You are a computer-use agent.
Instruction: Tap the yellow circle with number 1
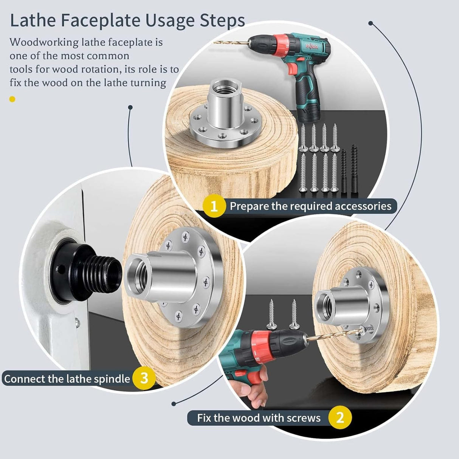214,206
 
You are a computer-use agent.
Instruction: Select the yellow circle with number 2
340,418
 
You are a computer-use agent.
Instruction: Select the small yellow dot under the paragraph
12,99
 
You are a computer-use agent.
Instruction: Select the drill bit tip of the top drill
216,42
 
